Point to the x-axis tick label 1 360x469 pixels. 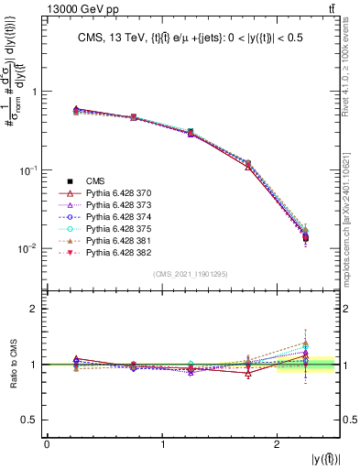pos(162,444)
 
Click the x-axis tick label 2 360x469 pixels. pos(278,444)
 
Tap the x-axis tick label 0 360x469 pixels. pos(47,444)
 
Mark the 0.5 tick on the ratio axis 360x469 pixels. pos(34,420)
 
